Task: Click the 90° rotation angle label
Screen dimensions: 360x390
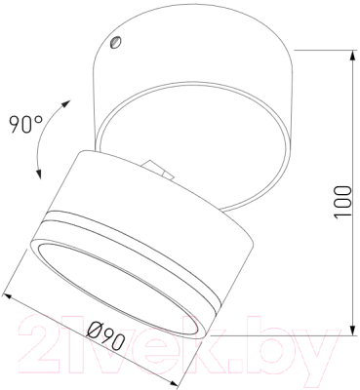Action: point(26,124)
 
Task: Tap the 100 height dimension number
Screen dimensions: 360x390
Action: point(343,202)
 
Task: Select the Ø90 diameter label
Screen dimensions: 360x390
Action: point(106,335)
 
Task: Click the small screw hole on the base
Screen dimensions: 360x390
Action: point(115,42)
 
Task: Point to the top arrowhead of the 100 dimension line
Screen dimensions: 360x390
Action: point(352,56)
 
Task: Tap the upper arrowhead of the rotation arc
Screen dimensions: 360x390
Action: point(65,104)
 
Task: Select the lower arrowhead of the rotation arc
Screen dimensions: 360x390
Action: point(39,174)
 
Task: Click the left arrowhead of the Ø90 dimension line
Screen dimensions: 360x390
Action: point(8,297)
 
